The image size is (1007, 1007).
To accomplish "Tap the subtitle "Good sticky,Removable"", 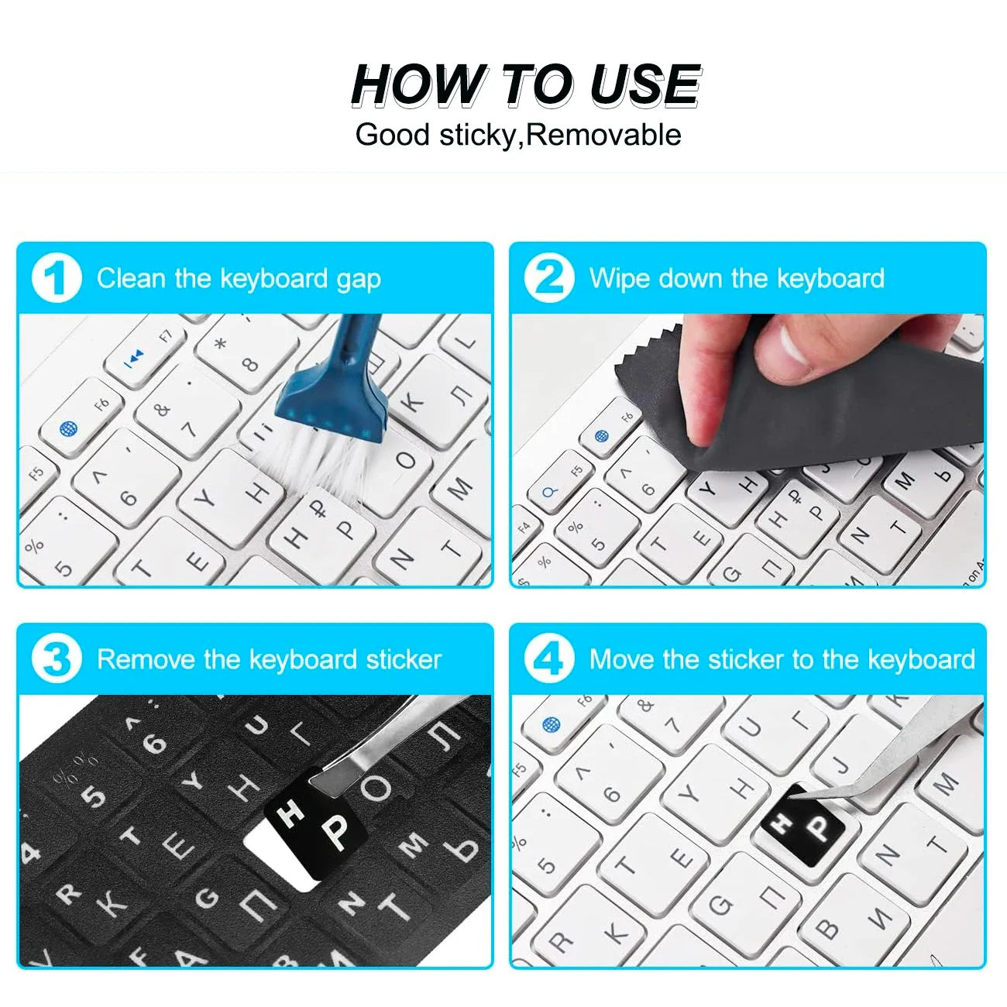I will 517,135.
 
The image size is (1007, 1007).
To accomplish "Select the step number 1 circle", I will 56,278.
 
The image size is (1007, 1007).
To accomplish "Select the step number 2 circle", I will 549,278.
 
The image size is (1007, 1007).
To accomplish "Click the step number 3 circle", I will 56,659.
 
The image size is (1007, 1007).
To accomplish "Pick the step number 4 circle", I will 549,659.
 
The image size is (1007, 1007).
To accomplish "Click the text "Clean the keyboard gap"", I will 239,279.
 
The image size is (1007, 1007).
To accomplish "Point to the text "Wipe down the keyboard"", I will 737,279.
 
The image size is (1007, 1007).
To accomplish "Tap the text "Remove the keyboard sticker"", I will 269,660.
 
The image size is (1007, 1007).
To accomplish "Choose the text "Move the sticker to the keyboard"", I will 782,660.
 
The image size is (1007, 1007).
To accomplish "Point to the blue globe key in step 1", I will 69,428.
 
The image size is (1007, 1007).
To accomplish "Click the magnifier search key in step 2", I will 550,493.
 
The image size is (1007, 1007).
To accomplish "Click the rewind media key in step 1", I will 135,356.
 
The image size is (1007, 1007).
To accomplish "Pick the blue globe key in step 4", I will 552,724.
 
